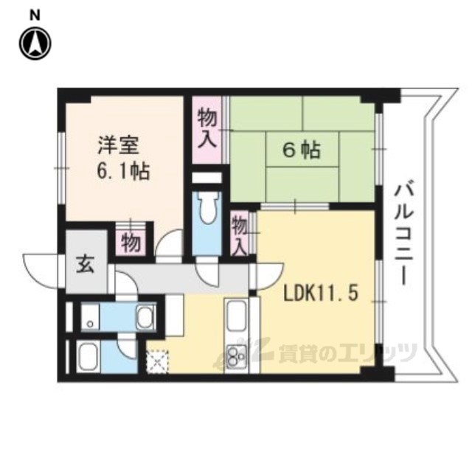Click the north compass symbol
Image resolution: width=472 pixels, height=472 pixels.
coord(35,43)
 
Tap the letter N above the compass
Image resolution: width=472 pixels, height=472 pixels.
coord(35,15)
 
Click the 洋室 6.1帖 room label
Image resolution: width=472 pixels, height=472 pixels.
coord(123,158)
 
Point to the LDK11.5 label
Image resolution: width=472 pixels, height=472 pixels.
coord(321,293)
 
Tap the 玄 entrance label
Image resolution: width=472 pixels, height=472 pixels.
coord(86,265)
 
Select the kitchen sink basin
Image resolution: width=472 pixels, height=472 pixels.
coord(237,316)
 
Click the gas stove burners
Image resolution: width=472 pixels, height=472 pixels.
coord(236,355)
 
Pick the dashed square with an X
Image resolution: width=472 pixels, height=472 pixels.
coord(158,361)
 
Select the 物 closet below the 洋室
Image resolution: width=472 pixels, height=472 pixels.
coord(131,243)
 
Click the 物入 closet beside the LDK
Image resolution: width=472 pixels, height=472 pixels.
coord(240,232)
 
